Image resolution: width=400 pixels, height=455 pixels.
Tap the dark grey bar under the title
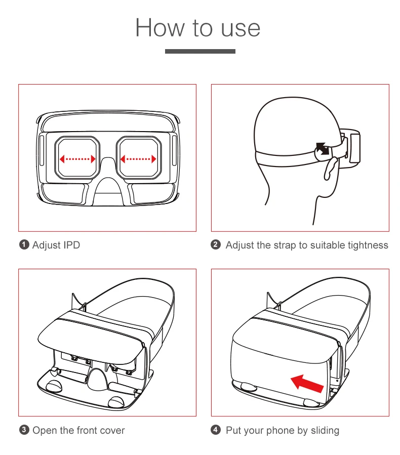[200, 51]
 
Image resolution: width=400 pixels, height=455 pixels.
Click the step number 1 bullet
[24, 245]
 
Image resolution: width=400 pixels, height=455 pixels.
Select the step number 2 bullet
[216, 245]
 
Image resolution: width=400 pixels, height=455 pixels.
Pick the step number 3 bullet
[24, 431]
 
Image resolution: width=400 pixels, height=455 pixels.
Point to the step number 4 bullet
[216, 431]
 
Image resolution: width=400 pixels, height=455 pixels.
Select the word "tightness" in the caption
[368, 245]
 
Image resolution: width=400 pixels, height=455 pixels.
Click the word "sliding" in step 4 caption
[325, 431]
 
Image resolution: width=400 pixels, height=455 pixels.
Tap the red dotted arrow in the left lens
[77, 159]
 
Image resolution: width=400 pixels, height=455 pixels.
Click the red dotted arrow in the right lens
[138, 159]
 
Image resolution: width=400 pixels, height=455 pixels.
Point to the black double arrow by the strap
[322, 149]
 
